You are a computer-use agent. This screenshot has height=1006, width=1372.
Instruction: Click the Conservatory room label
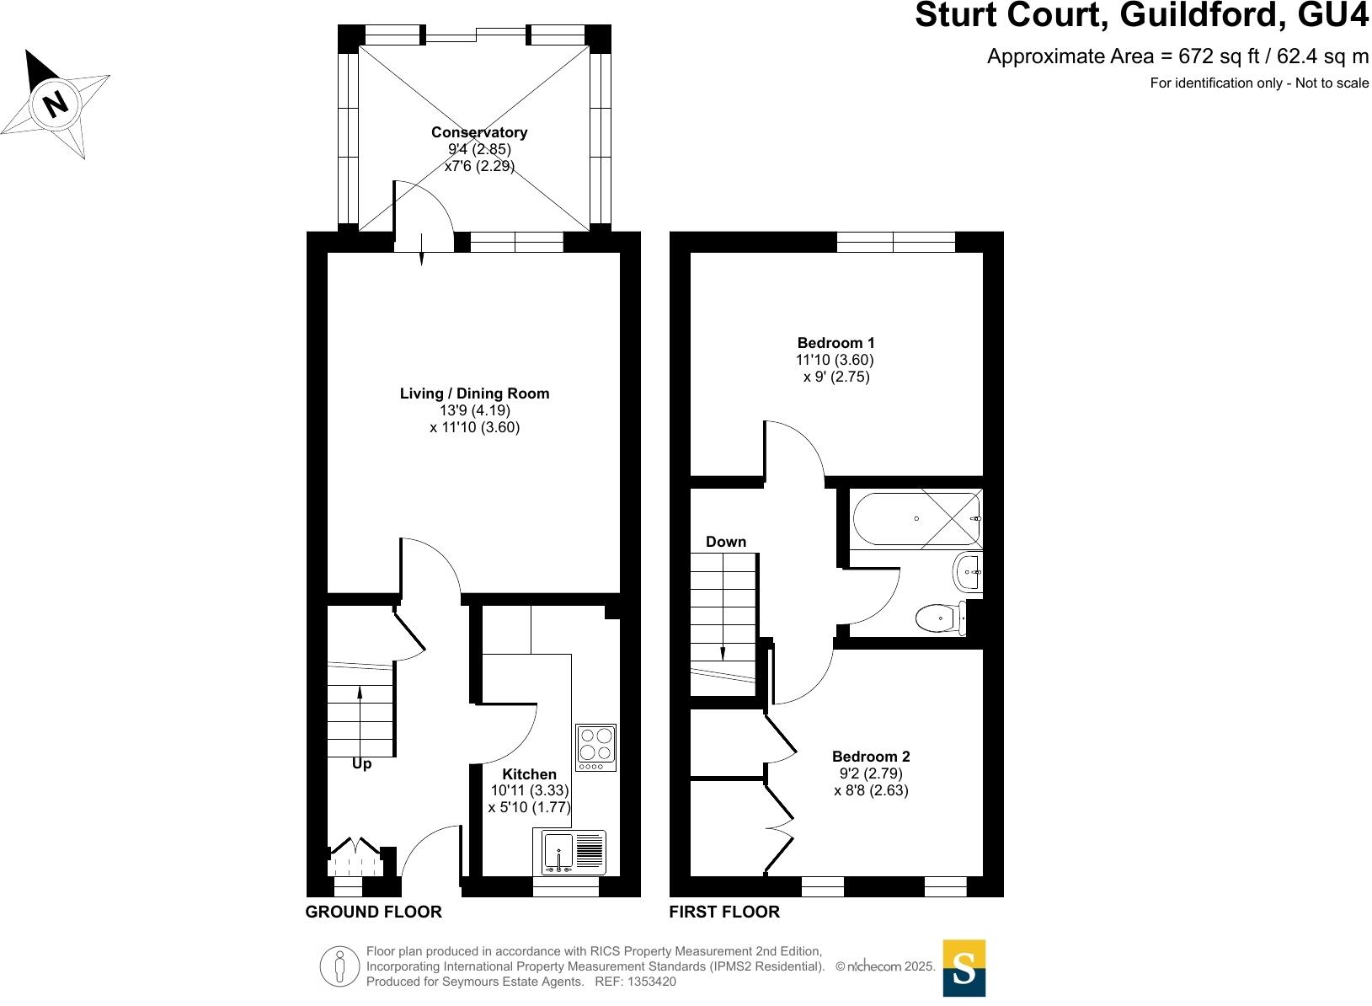(479, 132)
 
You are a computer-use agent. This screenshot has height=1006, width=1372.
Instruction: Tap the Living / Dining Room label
(474, 393)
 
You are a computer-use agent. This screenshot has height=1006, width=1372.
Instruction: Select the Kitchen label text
(529, 774)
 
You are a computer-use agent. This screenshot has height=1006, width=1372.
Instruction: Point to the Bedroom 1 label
(835, 343)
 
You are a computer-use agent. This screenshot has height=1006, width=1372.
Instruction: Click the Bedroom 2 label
(871, 757)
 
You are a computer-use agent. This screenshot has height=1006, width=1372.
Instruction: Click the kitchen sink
(558, 851)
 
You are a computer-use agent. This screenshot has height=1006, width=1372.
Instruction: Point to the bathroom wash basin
(968, 574)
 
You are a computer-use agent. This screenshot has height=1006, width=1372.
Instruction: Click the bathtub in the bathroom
(916, 518)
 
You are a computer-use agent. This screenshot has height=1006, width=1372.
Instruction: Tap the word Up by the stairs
(361, 764)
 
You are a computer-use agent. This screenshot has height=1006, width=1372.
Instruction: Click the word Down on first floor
(726, 542)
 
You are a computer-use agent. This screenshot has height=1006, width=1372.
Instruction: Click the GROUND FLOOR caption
(373, 912)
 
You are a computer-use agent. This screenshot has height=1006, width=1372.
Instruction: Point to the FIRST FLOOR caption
(724, 912)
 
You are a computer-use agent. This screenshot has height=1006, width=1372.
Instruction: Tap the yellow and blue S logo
(964, 968)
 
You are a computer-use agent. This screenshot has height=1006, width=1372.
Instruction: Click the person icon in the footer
(339, 966)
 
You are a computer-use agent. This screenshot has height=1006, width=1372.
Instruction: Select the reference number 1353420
(649, 982)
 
